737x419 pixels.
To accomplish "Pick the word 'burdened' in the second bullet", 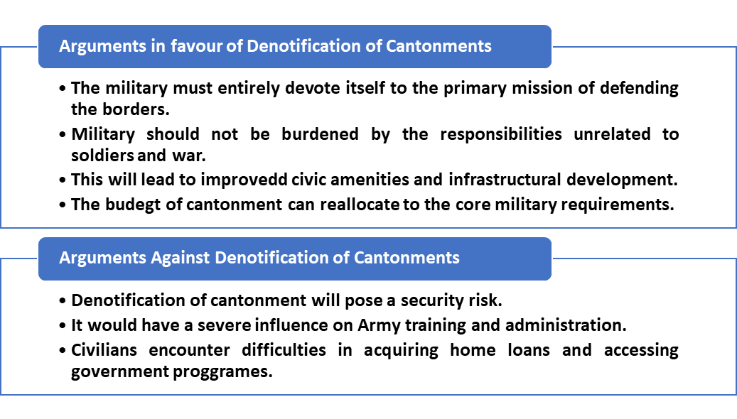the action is click(320, 134).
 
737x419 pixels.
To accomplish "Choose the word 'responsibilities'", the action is click(500, 134).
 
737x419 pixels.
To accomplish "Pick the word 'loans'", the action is click(529, 350).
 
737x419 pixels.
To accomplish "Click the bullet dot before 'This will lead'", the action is click(63, 180).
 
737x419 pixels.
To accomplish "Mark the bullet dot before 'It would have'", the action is click(63, 326).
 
